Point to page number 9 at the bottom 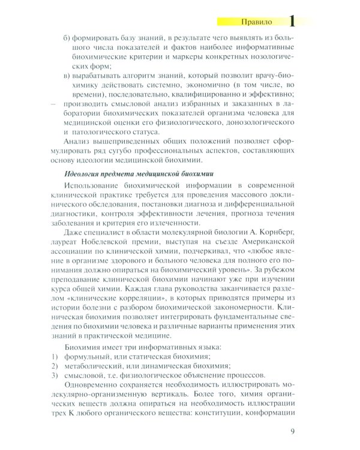coord(292,430)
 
